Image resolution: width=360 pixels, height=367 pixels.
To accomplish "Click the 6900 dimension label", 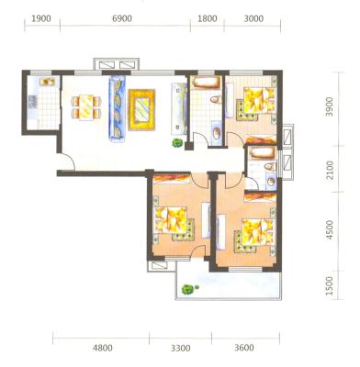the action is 122,18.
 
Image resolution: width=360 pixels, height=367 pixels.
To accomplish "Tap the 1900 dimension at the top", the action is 41,18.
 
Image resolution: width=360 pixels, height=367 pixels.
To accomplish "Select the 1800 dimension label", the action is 208,18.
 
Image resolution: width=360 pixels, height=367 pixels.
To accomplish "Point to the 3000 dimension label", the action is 253,18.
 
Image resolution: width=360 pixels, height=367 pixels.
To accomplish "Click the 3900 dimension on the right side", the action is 330,106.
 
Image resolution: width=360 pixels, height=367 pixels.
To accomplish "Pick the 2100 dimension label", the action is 330,171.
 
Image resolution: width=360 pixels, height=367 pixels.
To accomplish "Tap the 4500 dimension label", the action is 330,229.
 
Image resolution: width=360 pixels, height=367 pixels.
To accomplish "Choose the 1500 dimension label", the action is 330,285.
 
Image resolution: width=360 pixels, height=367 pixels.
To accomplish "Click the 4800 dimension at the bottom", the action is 103,348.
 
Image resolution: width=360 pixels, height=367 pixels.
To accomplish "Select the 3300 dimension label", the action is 181,348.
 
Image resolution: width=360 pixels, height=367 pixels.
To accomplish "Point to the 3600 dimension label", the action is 244,348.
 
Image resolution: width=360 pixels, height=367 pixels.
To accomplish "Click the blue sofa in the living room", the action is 117,109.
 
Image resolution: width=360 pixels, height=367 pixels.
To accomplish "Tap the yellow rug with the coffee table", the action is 141,109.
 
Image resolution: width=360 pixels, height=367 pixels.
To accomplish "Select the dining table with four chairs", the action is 86,107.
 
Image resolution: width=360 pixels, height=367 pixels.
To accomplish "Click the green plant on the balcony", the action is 187,289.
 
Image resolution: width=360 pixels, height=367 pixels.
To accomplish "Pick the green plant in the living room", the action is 177,143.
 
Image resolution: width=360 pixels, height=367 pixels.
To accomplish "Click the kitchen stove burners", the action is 33,102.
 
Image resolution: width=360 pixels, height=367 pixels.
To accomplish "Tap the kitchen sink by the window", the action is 48,82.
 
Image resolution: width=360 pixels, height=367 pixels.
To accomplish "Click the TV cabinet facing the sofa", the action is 179,108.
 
